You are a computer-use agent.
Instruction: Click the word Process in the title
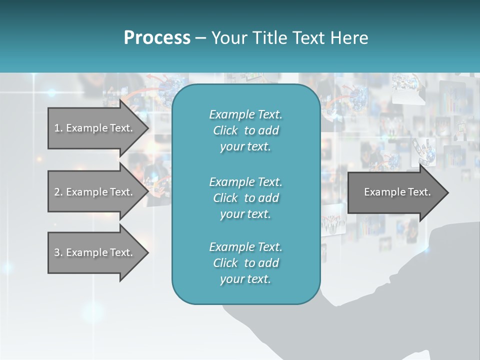[x=157, y=38]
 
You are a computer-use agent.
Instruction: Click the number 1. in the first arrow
[x=58, y=128]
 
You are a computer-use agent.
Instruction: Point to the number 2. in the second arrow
[x=58, y=192]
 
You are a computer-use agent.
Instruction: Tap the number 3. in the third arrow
[x=58, y=252]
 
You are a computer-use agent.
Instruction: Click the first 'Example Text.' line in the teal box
[x=245, y=114]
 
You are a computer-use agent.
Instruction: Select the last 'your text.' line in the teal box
[x=245, y=279]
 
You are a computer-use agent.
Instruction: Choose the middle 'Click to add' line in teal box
[x=245, y=198]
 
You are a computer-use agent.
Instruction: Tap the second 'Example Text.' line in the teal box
[x=245, y=181]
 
